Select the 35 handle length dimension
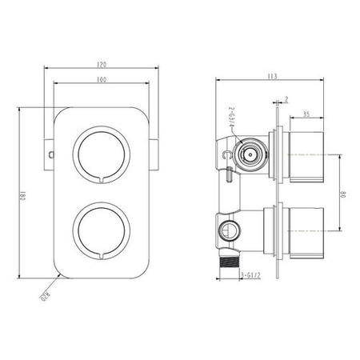pos(306,114)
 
